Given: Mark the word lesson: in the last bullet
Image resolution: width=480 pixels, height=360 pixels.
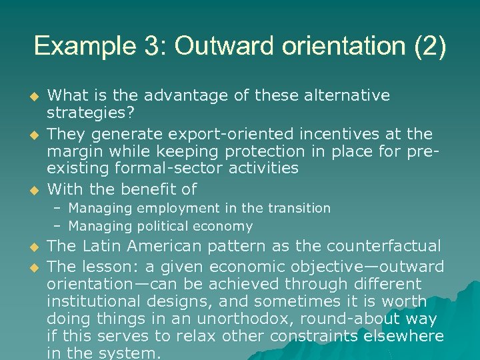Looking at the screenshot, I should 111,267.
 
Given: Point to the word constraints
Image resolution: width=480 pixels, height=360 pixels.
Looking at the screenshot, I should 307,336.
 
